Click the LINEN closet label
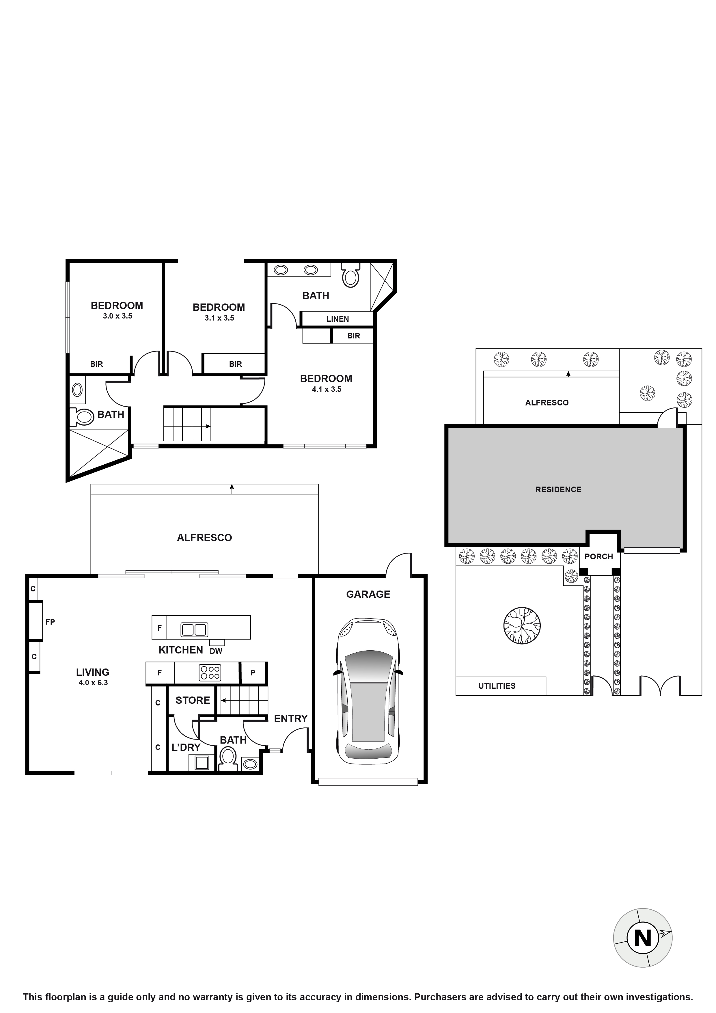[338, 319]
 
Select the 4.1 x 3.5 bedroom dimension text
[327, 389]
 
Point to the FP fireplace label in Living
[50, 622]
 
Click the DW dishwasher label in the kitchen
[216, 651]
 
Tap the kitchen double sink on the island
[194, 630]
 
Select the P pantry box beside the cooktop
[253, 673]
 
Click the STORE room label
[193, 700]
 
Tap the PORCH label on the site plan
[599, 557]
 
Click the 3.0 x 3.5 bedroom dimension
[117, 316]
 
